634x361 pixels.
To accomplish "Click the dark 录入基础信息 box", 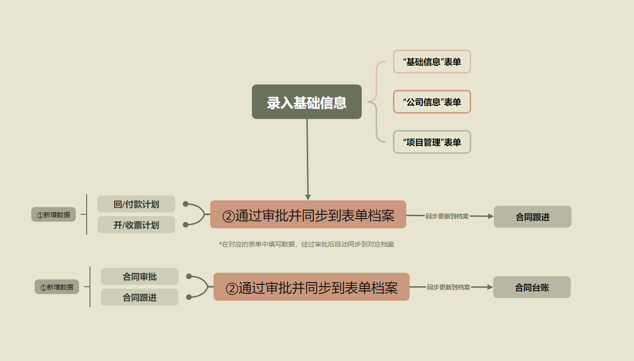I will tap(306, 102).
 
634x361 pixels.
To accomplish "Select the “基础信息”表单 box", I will tap(432, 62).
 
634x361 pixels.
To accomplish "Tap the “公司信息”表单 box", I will tap(432, 102).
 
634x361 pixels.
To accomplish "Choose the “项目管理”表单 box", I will tap(432, 142).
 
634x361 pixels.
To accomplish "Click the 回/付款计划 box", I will tap(136, 204).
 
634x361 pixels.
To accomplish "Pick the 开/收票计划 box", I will tap(136, 225).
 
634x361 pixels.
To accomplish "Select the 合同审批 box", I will tap(140, 276).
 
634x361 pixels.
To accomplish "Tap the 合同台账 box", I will tap(532, 287).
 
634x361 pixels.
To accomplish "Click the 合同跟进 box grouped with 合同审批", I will tap(140, 297).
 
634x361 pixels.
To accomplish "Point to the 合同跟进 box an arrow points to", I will tap(533, 217).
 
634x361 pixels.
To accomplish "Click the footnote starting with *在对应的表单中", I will tap(306, 244).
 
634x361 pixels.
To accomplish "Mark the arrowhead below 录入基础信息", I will tap(308, 197).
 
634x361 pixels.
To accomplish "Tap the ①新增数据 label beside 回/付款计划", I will tap(54, 215).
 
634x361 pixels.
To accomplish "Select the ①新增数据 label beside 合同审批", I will tap(57, 287).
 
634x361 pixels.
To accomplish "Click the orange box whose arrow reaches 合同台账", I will tap(312, 287).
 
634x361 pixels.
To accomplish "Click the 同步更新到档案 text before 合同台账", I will tap(448, 287).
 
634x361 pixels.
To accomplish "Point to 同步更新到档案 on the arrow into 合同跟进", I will tap(447, 216).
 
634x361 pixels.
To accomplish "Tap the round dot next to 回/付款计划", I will tap(186, 204).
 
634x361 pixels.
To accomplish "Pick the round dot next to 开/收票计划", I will tap(186, 225).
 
